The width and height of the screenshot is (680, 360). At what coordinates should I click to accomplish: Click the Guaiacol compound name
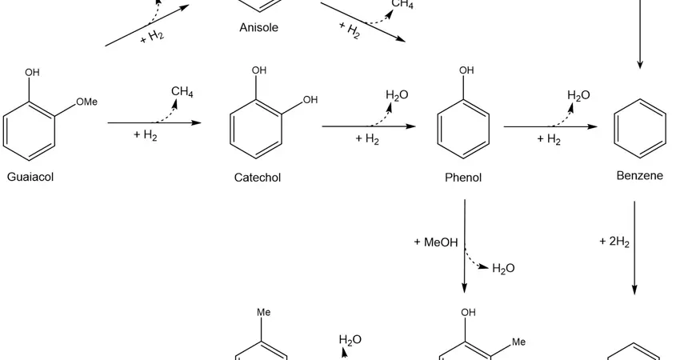click(x=30, y=177)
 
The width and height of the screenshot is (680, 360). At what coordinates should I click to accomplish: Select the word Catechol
click(x=258, y=178)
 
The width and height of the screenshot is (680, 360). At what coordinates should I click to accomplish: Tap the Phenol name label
click(x=463, y=178)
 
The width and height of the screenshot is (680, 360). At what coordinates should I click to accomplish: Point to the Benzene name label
click(x=639, y=175)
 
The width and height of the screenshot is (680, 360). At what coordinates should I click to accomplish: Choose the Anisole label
click(x=259, y=28)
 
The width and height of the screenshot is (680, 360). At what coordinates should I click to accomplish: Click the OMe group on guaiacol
click(x=86, y=102)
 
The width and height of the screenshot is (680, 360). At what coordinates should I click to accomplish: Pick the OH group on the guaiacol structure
click(x=32, y=73)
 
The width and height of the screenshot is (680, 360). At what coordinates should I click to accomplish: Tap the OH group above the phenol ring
click(x=466, y=71)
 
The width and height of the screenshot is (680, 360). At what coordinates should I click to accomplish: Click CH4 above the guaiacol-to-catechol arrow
click(x=182, y=92)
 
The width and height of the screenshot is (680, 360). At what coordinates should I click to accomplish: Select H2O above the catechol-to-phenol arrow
click(x=397, y=95)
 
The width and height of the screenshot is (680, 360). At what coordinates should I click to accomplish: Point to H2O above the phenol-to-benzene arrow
click(x=578, y=95)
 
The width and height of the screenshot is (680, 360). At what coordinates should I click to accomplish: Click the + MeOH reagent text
click(x=436, y=242)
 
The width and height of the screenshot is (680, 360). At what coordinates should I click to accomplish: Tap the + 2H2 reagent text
click(x=614, y=241)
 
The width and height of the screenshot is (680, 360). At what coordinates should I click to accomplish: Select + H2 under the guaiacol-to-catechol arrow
click(x=146, y=136)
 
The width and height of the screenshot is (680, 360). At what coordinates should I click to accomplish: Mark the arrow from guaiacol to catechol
click(x=154, y=123)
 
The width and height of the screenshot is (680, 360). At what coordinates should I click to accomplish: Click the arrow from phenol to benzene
click(x=550, y=126)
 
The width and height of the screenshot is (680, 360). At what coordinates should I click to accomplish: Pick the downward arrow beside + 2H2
click(x=634, y=248)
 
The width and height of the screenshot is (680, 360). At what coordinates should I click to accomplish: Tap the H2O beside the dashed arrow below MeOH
click(x=503, y=269)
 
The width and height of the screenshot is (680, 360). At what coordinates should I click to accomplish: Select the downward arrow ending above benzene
click(x=639, y=36)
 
